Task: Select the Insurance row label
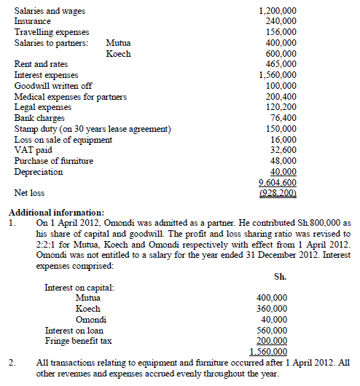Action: click(x=32, y=22)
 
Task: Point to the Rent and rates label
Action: click(x=41, y=65)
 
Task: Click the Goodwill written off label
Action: click(x=50, y=86)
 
